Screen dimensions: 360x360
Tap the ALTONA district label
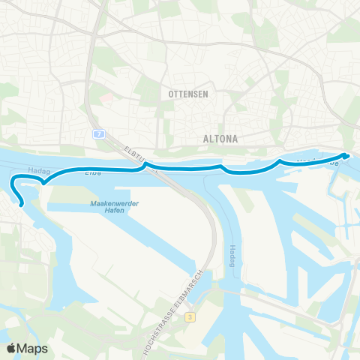tap(220, 139)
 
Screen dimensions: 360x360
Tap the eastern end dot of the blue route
tap(345, 155)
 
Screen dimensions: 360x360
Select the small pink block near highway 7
tap(106, 97)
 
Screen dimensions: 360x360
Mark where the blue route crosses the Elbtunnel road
tap(147, 165)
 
